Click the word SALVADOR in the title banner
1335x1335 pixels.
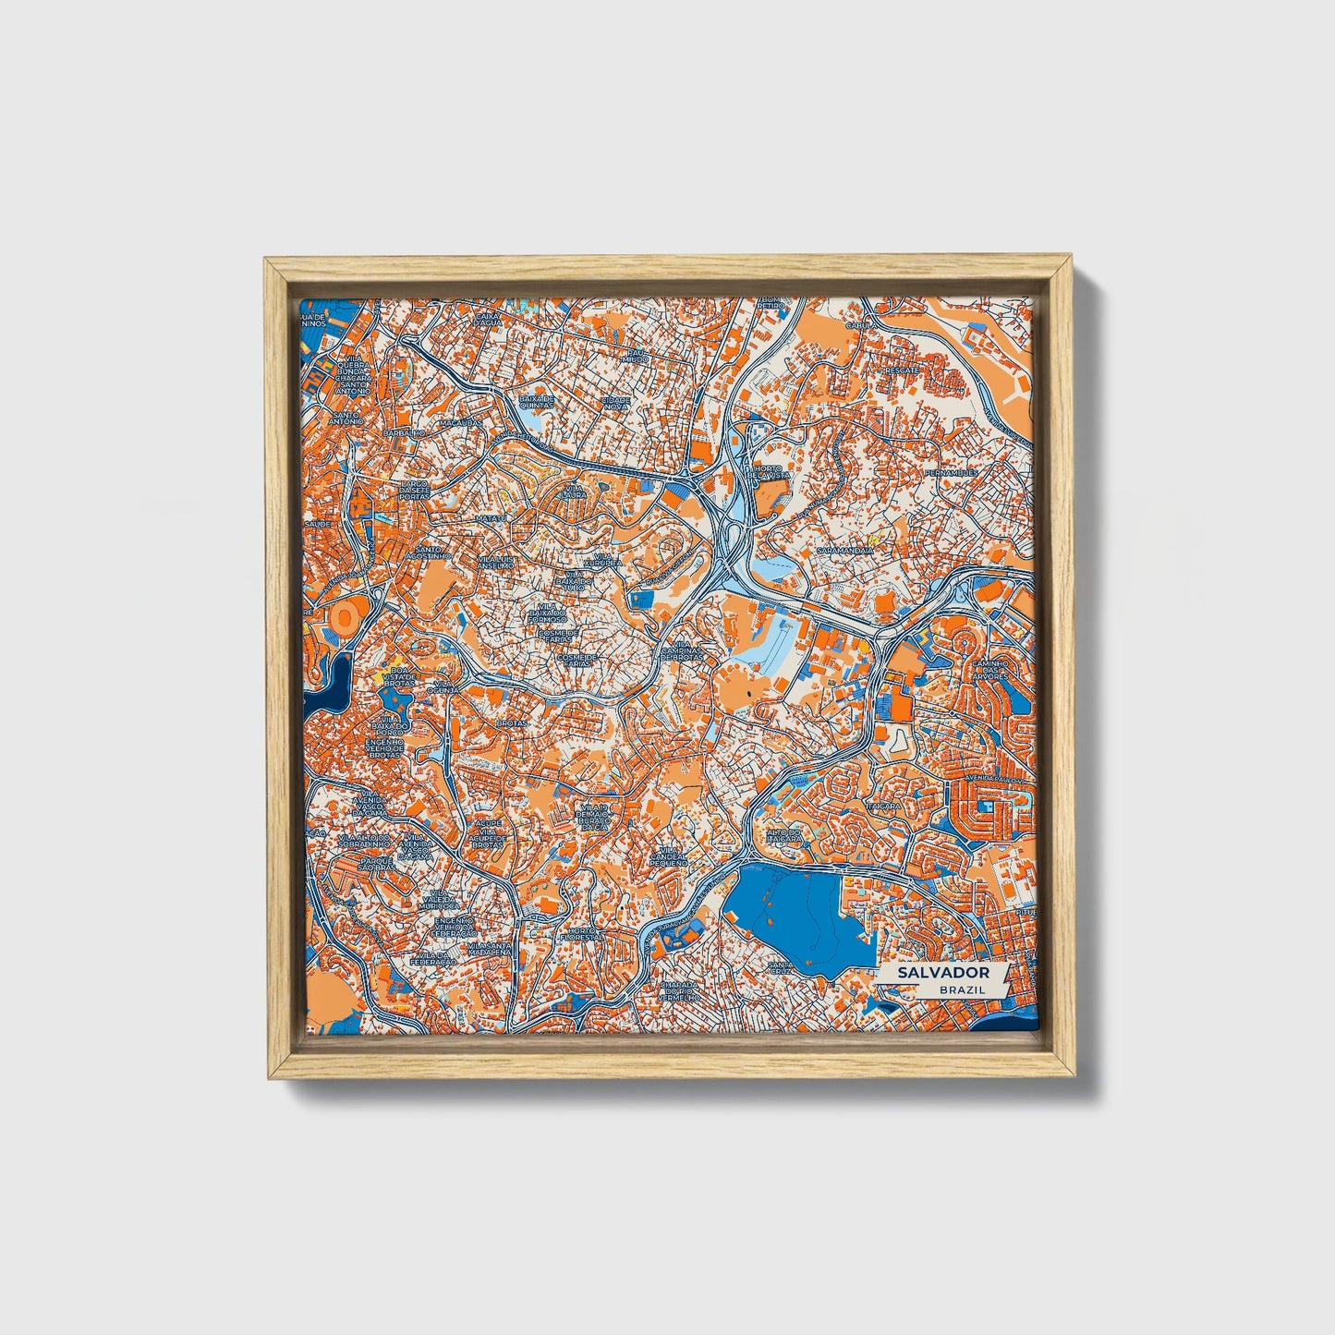tap(942, 973)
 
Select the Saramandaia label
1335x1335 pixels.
tap(844, 551)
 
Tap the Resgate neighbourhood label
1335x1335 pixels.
tap(901, 370)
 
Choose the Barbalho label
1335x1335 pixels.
tap(404, 432)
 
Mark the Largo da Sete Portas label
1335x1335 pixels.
tap(414, 489)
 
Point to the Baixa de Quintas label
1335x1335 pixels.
tap(537, 400)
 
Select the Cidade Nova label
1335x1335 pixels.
tap(616, 403)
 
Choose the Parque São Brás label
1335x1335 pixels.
tap(377, 863)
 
